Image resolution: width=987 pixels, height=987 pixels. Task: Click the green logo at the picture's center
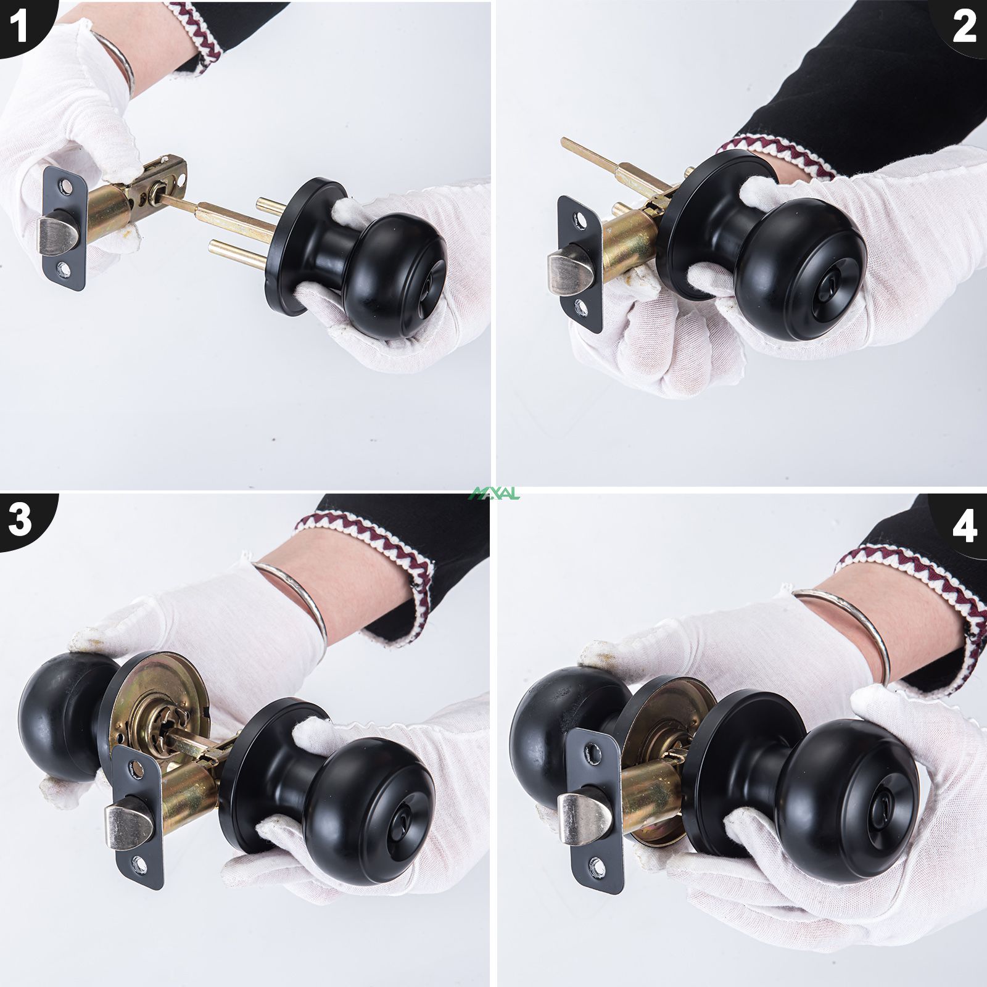(495, 493)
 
